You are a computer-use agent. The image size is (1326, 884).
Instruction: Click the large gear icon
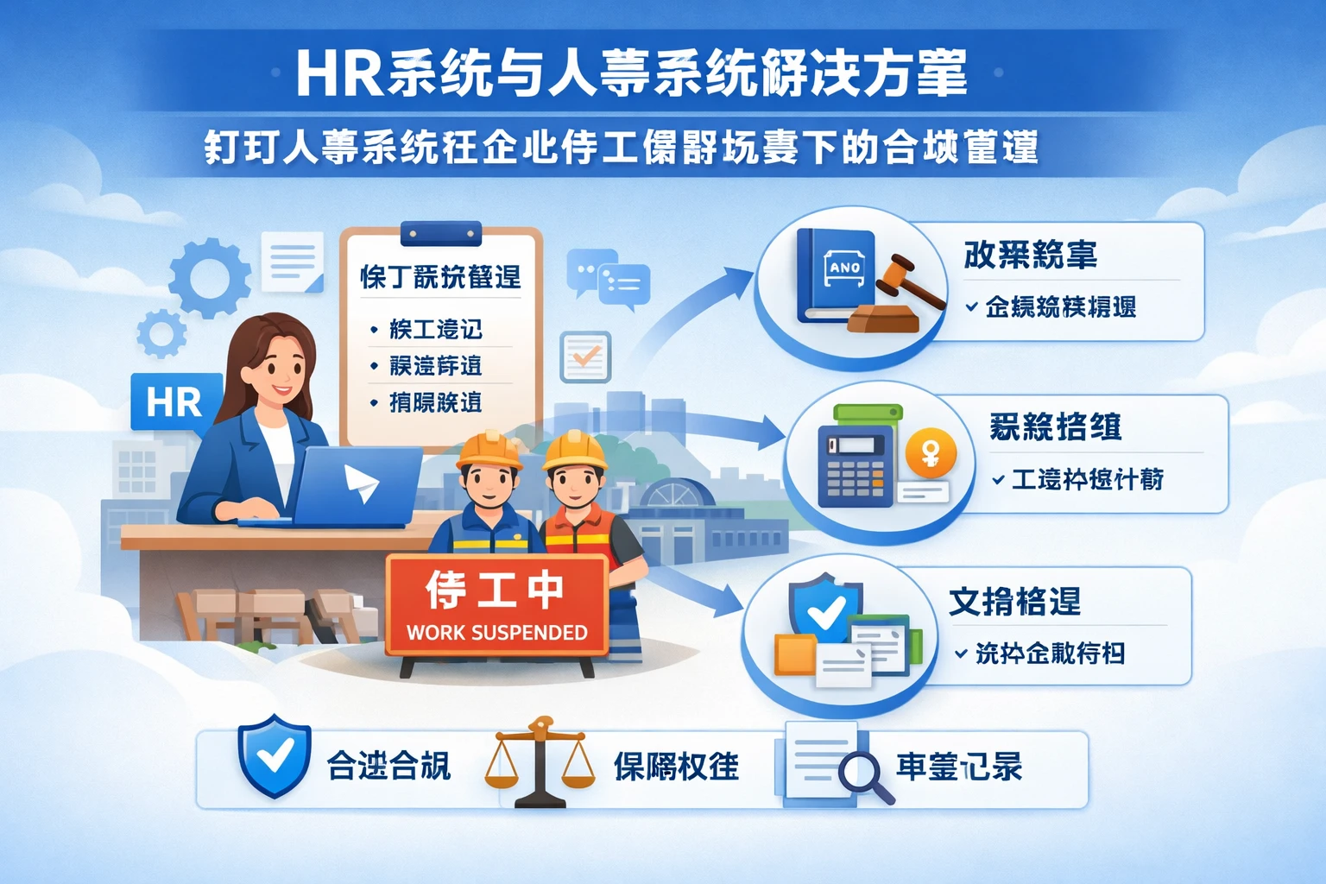209,278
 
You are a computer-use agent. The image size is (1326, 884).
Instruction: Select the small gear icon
161,333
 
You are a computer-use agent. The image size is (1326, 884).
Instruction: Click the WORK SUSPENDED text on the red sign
496,633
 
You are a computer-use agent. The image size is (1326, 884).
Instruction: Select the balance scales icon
540,763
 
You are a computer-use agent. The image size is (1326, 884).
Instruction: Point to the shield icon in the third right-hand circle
824,609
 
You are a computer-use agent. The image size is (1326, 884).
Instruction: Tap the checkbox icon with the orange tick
585,357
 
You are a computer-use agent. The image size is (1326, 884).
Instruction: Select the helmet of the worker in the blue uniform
489,449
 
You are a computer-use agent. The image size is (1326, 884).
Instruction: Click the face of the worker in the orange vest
574,488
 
